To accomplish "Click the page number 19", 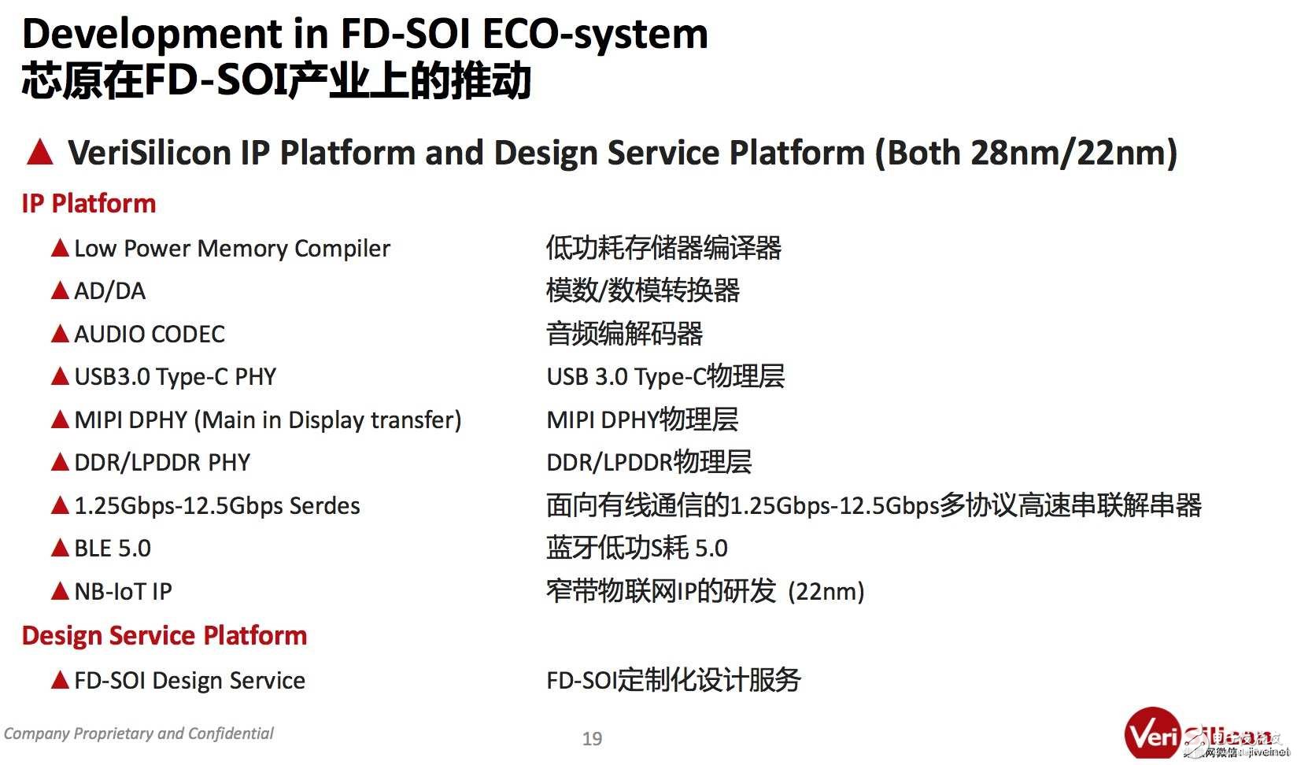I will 592,738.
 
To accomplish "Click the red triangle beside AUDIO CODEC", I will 60,334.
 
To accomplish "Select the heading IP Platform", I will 89,204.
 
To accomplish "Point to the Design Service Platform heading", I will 164,635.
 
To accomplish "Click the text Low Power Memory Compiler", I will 231,249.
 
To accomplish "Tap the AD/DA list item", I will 109,291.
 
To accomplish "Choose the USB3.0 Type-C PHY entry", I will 175,377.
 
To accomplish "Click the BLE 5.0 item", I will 113,549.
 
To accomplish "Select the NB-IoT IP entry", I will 123,591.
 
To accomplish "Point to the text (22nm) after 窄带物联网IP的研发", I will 826,591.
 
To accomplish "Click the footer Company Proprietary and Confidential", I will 139,734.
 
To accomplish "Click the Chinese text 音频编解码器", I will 624,334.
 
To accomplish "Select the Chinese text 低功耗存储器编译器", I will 663,249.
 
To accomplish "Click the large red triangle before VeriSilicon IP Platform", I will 39,152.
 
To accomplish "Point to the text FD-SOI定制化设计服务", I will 673,680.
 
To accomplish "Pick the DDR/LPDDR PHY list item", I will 162,463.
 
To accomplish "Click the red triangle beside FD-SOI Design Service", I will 60,680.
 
